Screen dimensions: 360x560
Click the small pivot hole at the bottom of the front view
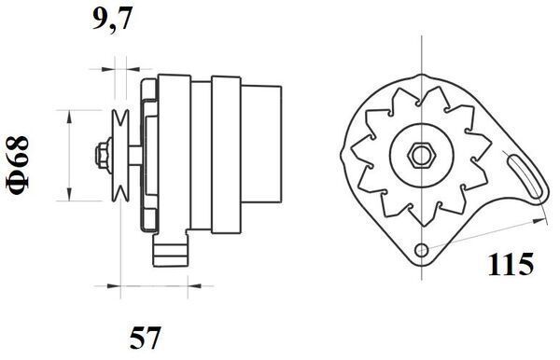point(422,249)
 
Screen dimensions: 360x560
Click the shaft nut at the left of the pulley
point(100,154)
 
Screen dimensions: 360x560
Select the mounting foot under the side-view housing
point(171,249)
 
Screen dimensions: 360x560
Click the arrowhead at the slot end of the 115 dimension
point(542,219)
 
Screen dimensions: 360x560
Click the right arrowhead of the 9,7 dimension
point(128,68)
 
